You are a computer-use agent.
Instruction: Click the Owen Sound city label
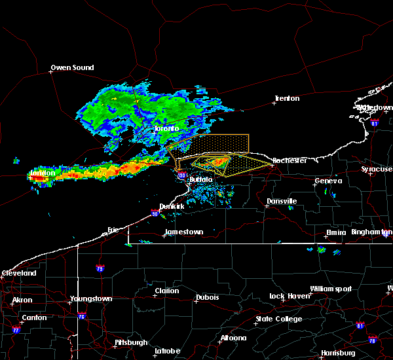tap(72, 67)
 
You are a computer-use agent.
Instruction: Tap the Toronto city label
tap(166, 129)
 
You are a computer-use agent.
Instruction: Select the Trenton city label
tap(286, 99)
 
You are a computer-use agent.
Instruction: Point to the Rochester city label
tap(289, 160)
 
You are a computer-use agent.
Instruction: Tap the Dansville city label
tap(282, 201)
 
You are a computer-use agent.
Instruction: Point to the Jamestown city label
tap(183, 232)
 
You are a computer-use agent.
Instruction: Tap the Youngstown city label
tap(90, 299)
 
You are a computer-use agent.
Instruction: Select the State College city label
tap(278, 319)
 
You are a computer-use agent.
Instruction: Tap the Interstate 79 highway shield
tap(100, 268)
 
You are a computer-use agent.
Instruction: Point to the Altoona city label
tap(233, 338)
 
